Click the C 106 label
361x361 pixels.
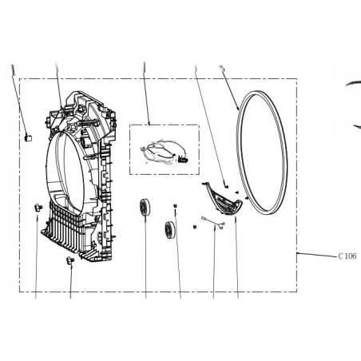(x=347, y=256)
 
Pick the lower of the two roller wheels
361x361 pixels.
(x=169, y=230)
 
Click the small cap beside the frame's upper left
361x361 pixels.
(x=28, y=138)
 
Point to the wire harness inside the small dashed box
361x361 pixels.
(x=162, y=154)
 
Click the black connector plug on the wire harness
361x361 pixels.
(x=183, y=160)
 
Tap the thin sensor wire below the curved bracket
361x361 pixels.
(x=213, y=222)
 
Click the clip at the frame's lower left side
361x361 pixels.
(x=38, y=207)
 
